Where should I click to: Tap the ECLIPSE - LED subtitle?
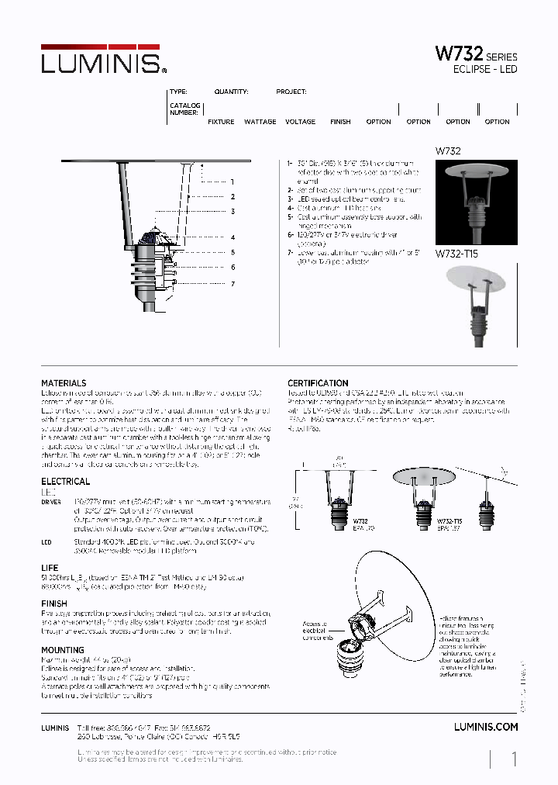[484, 70]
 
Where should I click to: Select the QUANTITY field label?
[231, 92]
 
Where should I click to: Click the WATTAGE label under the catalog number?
[260, 122]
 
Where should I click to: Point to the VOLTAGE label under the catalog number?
[300, 122]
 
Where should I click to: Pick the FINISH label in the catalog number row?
[340, 122]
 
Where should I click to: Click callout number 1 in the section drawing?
[232, 182]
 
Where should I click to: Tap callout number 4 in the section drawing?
[232, 237]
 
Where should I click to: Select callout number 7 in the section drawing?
[232, 285]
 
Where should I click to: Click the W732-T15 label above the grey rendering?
[456, 254]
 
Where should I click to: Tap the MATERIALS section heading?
[64, 383]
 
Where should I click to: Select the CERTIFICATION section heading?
[318, 383]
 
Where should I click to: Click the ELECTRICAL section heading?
[65, 482]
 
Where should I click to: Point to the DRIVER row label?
[50, 503]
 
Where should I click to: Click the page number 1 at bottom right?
[514, 759]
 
